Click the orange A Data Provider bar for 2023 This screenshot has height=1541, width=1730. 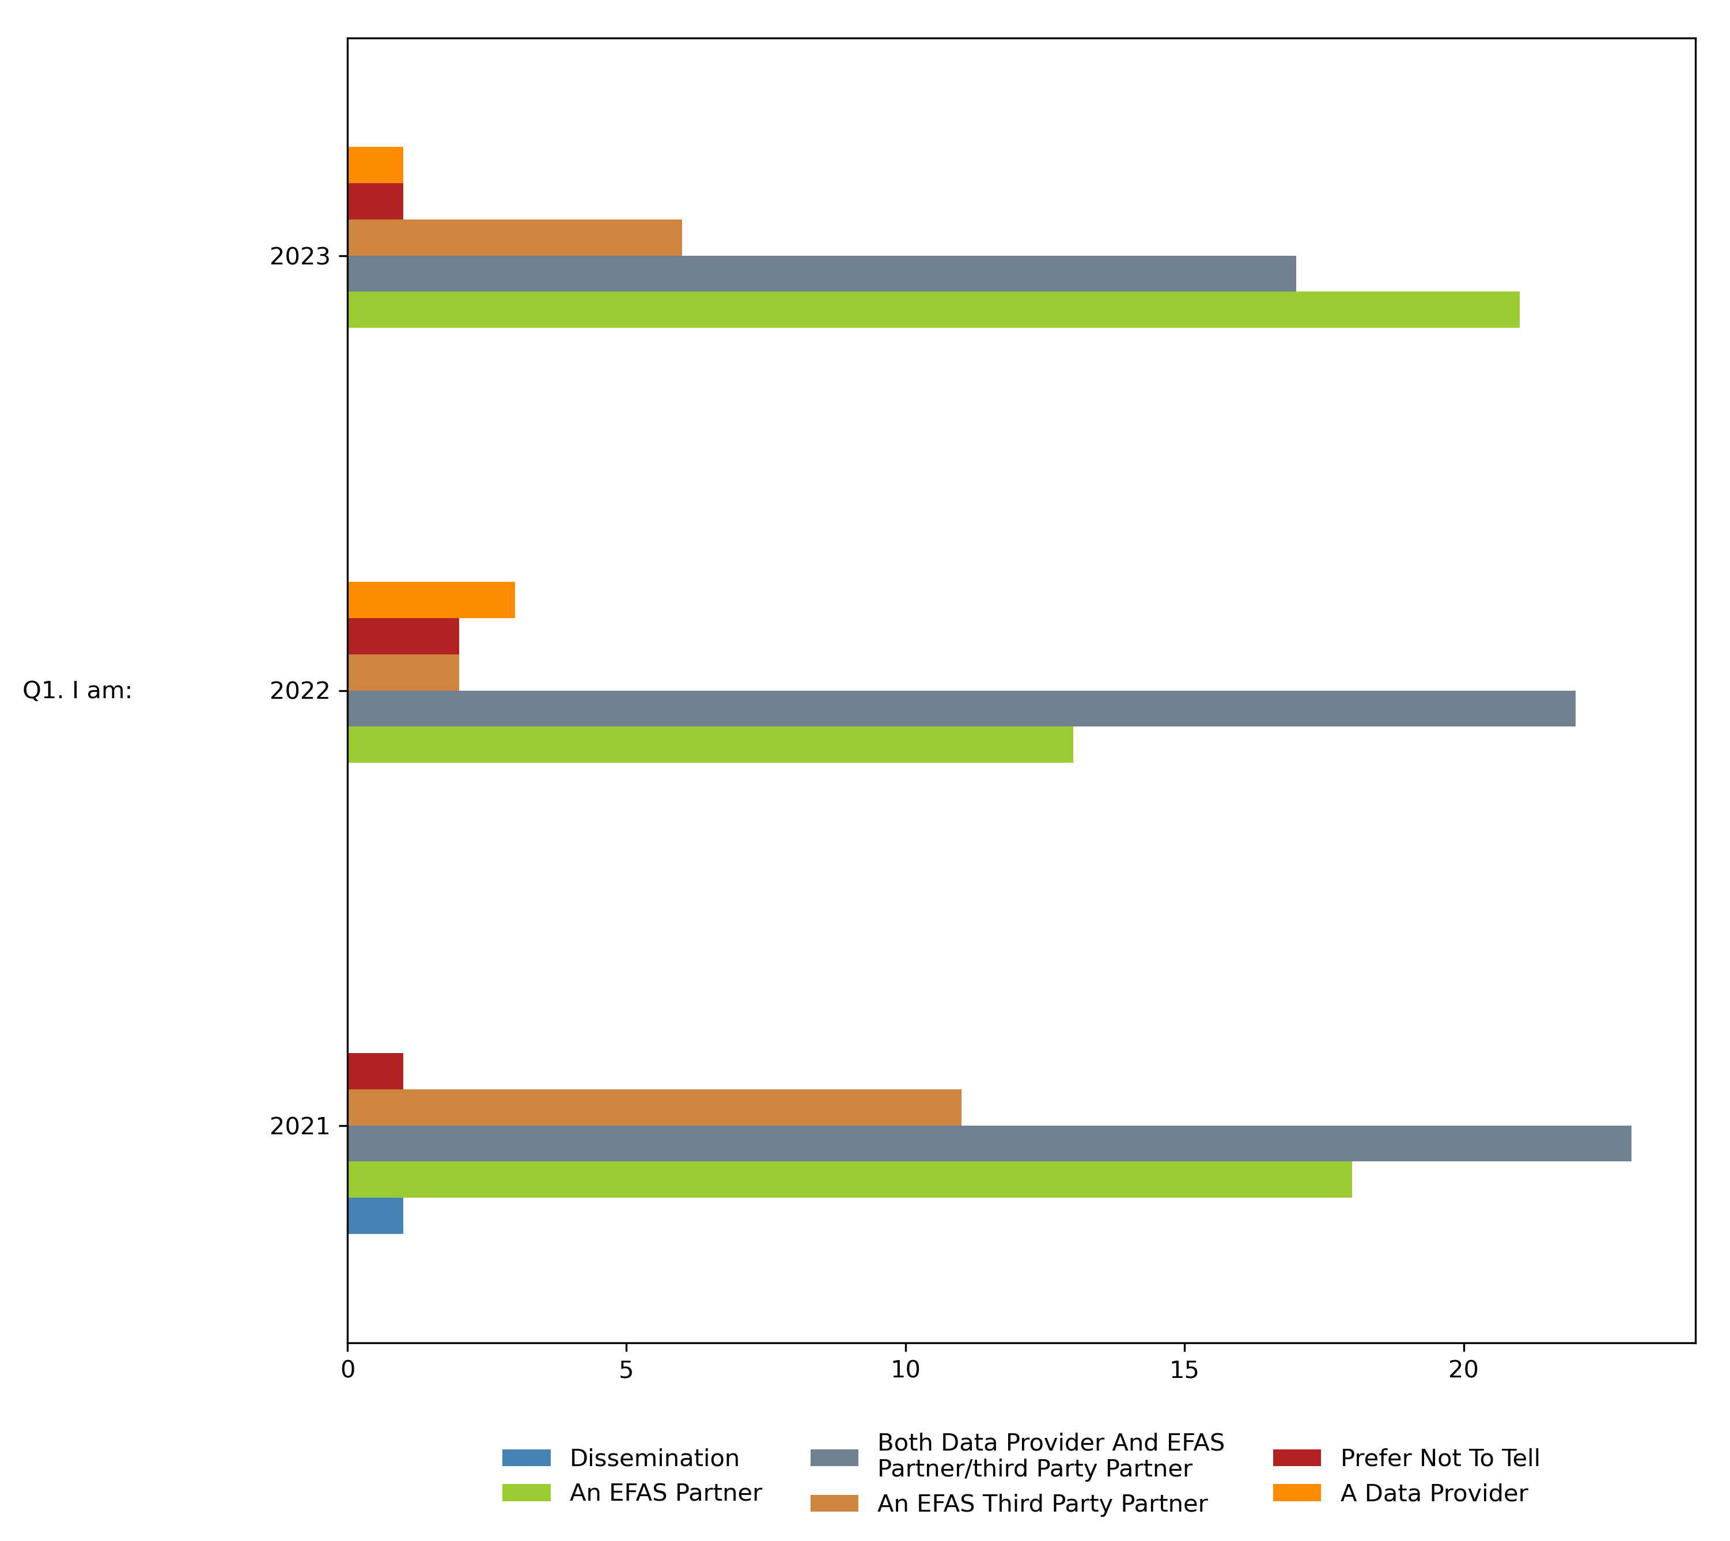point(375,165)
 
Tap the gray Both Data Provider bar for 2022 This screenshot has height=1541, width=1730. point(961,709)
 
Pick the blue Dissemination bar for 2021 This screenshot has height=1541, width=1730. point(375,1216)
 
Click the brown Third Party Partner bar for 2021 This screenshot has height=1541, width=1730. point(654,1107)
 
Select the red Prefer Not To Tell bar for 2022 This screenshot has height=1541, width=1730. point(403,636)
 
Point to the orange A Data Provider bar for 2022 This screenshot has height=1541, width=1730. point(431,600)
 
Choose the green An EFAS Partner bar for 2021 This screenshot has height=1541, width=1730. point(849,1179)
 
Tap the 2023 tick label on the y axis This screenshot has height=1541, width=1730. point(299,256)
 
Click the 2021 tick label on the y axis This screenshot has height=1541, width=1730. point(299,1127)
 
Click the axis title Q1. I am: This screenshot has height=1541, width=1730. point(77,691)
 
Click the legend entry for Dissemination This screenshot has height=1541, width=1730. point(654,1458)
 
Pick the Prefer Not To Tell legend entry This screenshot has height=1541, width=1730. point(1440,1458)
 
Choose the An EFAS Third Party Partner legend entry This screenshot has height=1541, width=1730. point(1042,1504)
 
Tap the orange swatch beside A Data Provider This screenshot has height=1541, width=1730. point(1296,1493)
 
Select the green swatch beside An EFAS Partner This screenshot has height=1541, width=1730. point(526,1493)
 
